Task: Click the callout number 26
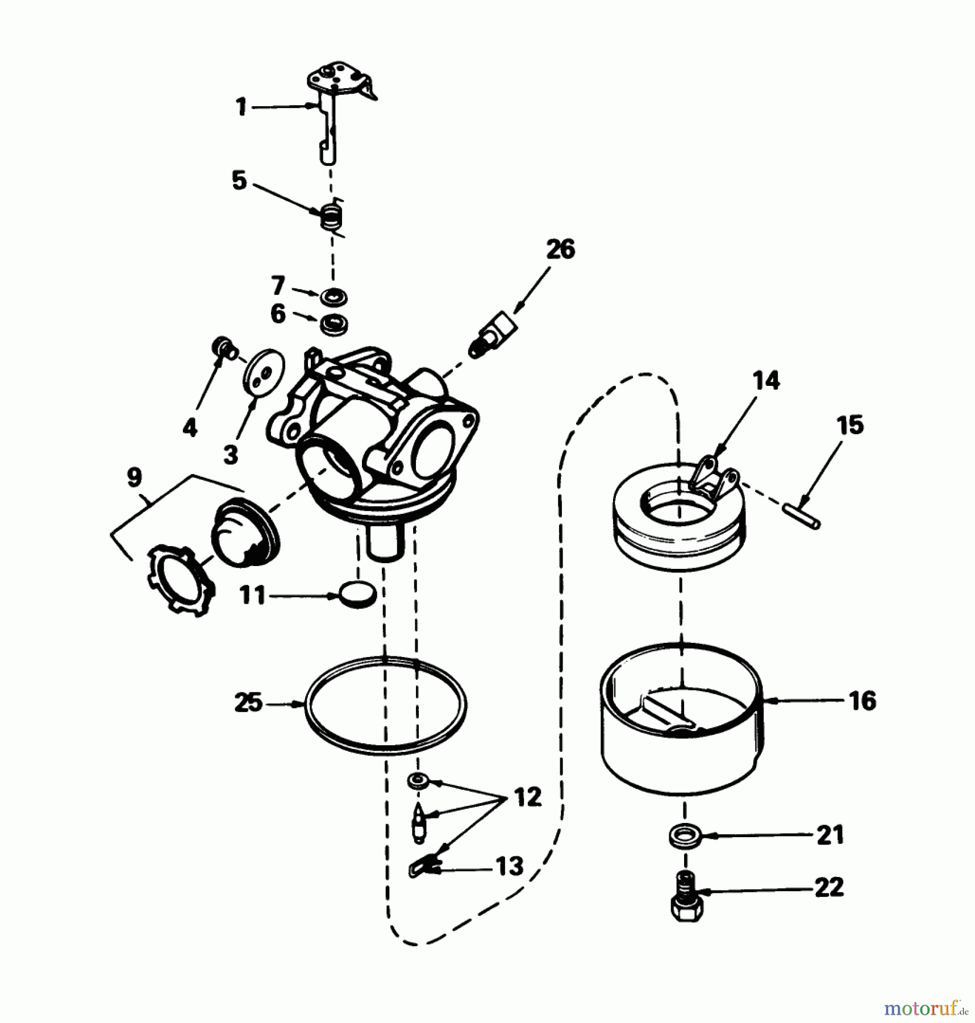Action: pos(560,249)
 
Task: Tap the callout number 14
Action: pos(766,380)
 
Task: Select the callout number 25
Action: pos(248,703)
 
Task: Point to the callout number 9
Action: pos(134,477)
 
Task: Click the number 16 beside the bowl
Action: pos(863,701)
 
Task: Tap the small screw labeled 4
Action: pos(225,348)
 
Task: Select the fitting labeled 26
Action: pos(491,336)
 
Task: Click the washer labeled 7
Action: pos(334,297)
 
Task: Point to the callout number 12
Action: pos(528,797)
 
